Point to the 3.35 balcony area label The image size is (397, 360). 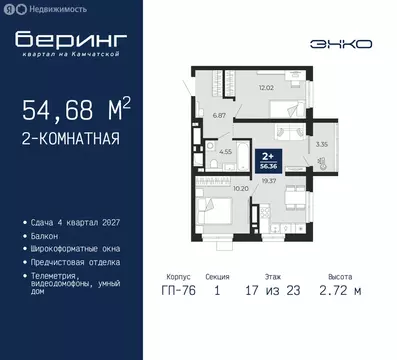click(x=320, y=144)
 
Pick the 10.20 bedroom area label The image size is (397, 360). click(x=240, y=188)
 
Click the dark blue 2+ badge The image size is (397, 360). click(x=268, y=160)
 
